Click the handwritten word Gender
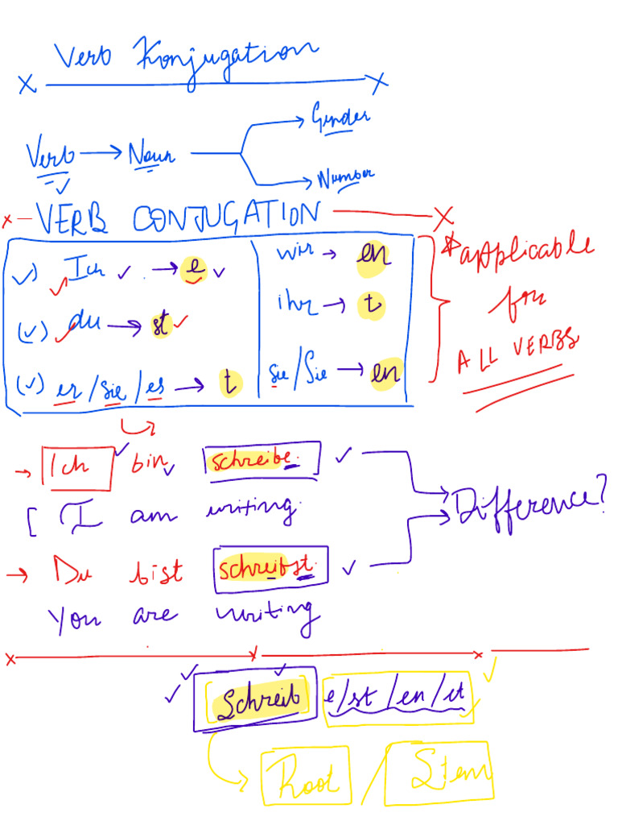(340, 118)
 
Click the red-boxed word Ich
(76, 467)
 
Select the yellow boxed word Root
(305, 778)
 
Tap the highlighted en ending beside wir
(374, 256)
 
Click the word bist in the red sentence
(154, 572)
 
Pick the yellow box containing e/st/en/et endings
(397, 699)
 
